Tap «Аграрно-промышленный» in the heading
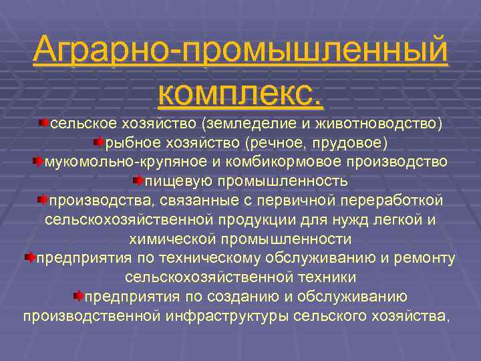pos(240,49)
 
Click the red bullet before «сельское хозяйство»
pos(43,124)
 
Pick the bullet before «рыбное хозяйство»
pos(99,142)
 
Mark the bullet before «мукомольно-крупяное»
pos(38,162)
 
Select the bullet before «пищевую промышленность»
pos(138,181)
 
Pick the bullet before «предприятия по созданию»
pos(78,296)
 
